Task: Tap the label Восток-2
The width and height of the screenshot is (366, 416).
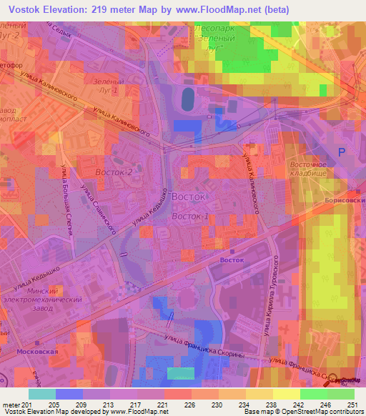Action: pyautogui.click(x=114, y=173)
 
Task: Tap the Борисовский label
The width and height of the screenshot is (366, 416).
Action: pyautogui.click(x=345, y=202)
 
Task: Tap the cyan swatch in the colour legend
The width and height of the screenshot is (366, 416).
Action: pyautogui.click(x=42, y=394)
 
